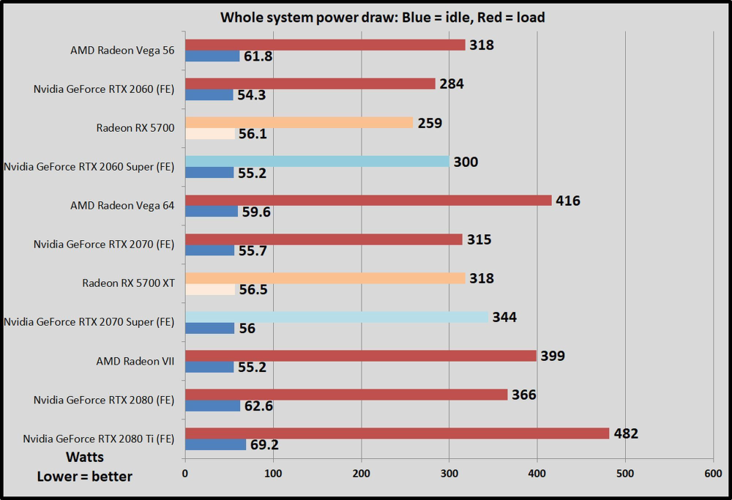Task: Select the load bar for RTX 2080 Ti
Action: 397,433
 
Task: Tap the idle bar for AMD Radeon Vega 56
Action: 212,56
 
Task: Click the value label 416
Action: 568,200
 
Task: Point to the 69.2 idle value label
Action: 264,444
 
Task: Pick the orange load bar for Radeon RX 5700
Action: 299,123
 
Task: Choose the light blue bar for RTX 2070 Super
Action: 337,317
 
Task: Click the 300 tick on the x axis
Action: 449,474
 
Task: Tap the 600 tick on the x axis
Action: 712,474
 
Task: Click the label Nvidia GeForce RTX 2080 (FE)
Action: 104,400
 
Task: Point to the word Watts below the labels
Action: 85,458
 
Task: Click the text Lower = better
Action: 85,477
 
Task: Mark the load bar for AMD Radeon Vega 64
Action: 368,201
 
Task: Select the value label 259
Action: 430,123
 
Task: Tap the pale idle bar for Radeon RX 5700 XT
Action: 210,289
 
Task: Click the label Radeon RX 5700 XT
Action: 128,283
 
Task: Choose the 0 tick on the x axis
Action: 185,474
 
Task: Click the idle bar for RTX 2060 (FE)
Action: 209,95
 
